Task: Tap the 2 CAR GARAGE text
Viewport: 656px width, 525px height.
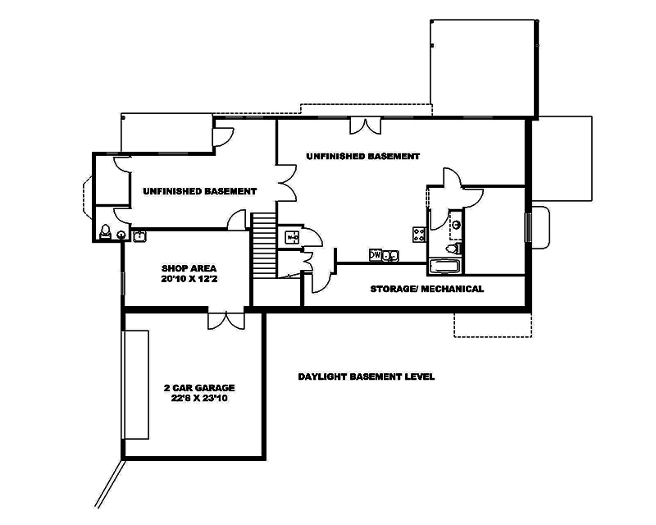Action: point(198,387)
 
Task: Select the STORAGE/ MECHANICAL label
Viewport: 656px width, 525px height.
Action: point(426,289)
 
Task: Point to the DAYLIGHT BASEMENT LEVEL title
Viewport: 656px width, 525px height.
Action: point(366,377)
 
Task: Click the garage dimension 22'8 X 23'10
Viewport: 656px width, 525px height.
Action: point(198,399)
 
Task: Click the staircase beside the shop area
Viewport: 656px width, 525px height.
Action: point(262,245)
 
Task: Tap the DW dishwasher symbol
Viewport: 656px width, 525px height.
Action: point(376,255)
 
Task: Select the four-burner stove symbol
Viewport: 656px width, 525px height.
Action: point(419,235)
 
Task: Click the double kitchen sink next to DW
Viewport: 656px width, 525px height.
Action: point(391,255)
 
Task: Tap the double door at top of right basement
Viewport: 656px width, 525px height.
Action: point(363,125)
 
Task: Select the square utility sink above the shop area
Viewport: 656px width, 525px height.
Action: point(139,236)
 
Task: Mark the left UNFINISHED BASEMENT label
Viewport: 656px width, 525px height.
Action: point(199,191)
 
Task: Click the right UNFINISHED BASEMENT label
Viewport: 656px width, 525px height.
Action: point(362,156)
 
